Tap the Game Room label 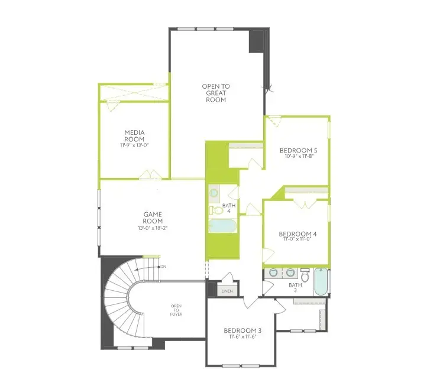click(x=153, y=218)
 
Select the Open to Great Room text click(x=216, y=93)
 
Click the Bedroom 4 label click(x=298, y=234)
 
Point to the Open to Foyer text click(x=176, y=310)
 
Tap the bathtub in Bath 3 click(x=321, y=282)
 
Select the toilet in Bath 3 click(x=305, y=275)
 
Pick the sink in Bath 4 click(x=214, y=193)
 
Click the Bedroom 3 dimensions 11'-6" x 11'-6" click(x=243, y=337)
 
